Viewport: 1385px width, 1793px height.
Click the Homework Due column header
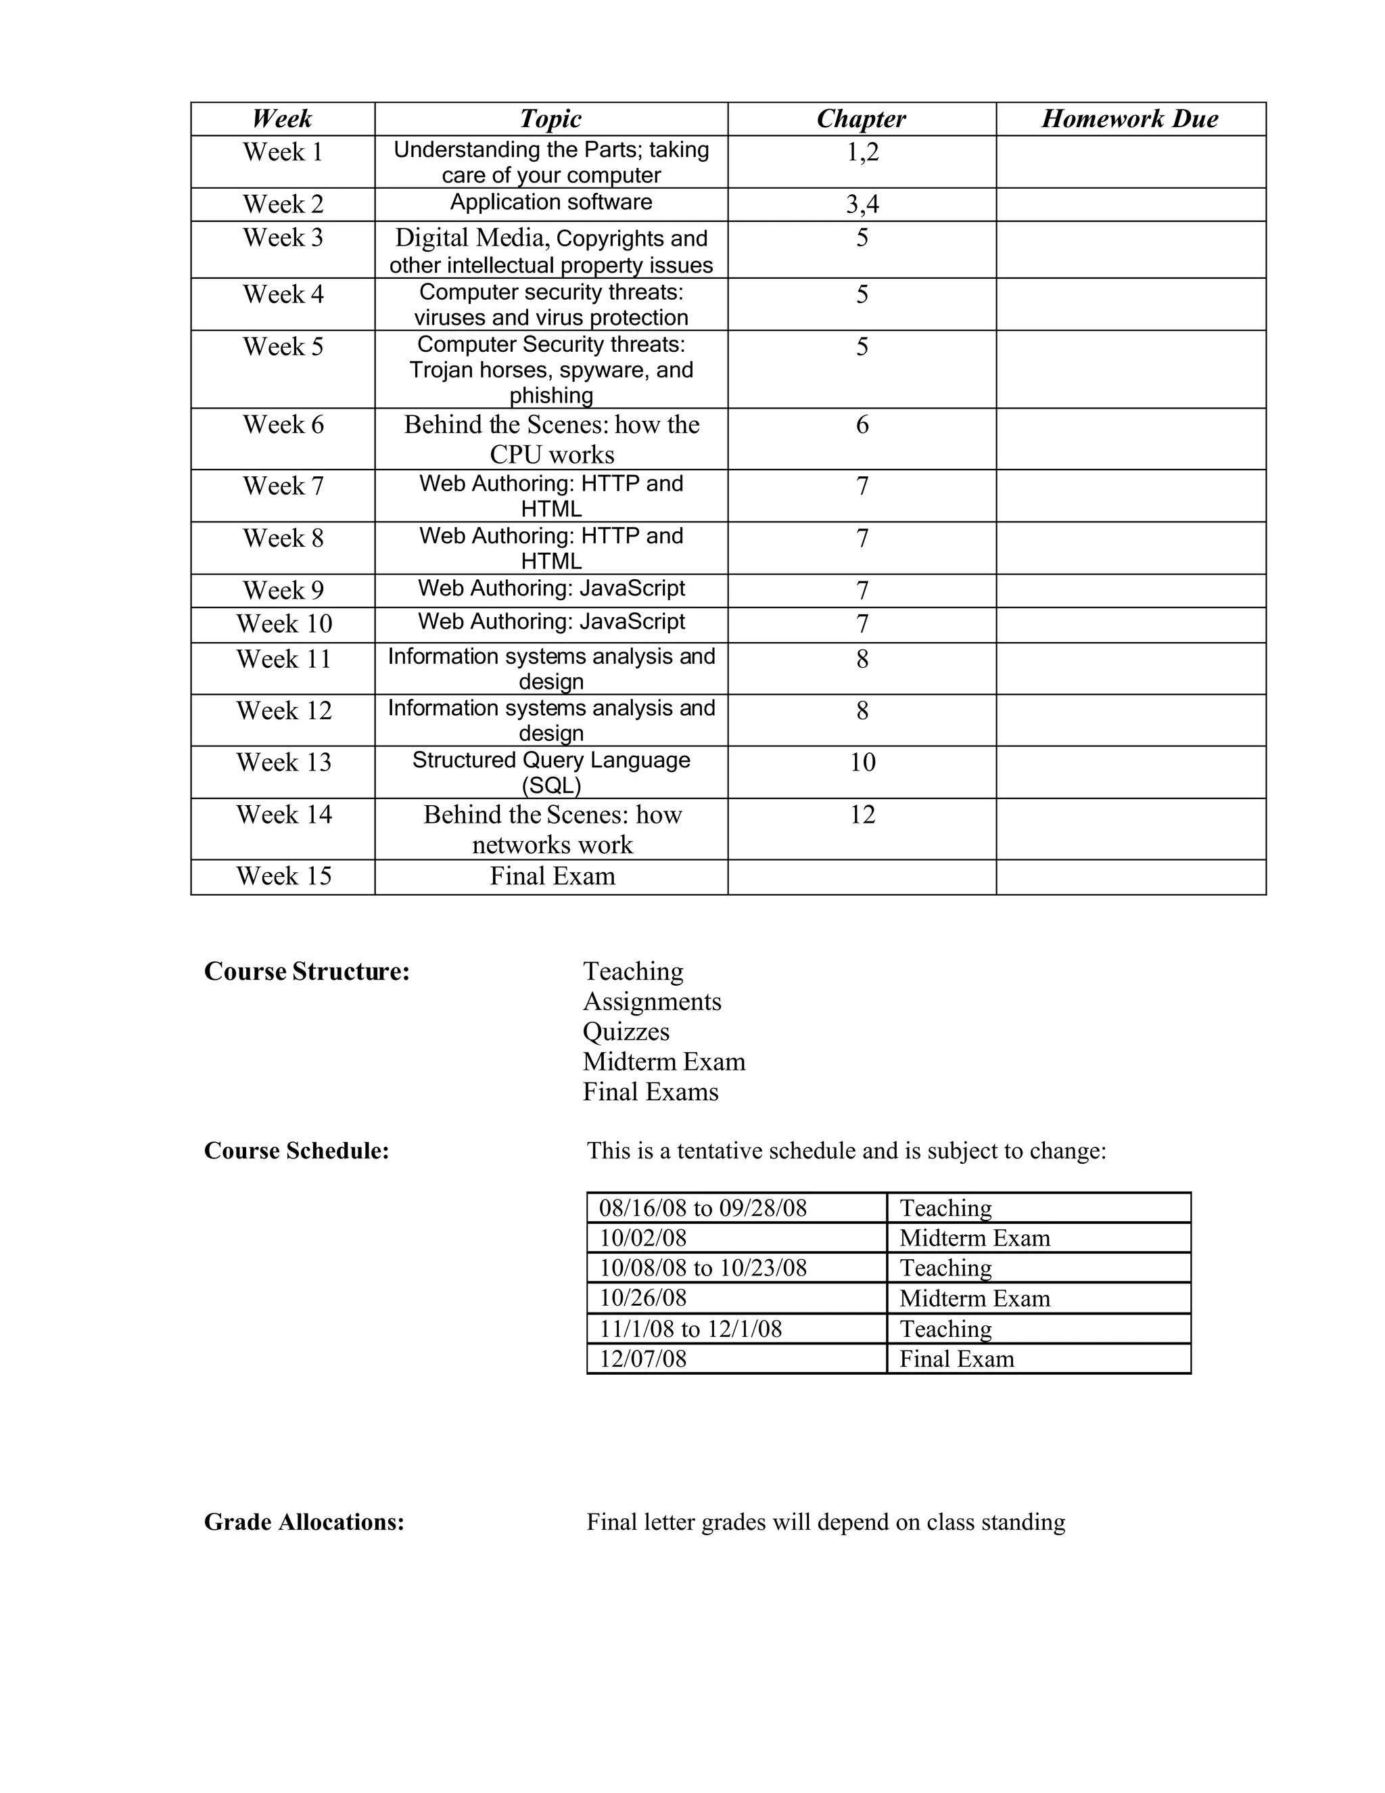tap(1130, 119)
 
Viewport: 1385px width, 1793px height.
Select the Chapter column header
tap(861, 119)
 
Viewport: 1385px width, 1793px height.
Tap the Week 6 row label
tap(283, 424)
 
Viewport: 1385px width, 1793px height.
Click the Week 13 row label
tap(284, 762)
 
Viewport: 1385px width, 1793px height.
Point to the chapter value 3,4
tap(862, 204)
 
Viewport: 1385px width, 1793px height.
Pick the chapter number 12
tap(862, 815)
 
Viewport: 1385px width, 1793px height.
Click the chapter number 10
tap(862, 762)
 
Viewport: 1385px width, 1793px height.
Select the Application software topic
tap(550, 202)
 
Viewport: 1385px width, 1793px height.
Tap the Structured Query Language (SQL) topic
tap(550, 773)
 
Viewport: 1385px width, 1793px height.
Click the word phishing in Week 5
tap(550, 396)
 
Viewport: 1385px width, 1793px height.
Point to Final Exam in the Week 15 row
tap(553, 876)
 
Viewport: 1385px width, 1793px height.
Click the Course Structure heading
tap(307, 971)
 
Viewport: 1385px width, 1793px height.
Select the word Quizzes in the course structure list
tap(626, 1032)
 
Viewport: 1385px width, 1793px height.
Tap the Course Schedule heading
tap(296, 1151)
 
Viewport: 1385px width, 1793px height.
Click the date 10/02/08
tap(642, 1238)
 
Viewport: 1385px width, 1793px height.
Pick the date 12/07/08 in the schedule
tap(642, 1359)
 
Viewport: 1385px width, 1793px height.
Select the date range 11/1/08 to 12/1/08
tap(691, 1328)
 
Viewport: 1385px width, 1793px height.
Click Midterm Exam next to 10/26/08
tap(975, 1298)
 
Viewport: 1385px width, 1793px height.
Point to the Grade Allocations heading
tap(304, 1522)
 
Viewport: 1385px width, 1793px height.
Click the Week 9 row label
tap(283, 590)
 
